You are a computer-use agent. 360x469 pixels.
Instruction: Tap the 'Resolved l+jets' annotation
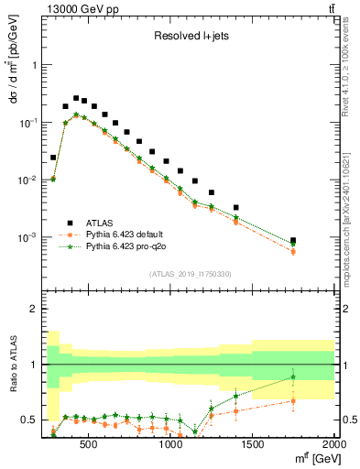pos(190,37)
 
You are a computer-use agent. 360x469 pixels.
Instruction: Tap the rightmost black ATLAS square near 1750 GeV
pos(293,241)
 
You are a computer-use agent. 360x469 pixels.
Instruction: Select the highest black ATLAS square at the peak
pos(76,98)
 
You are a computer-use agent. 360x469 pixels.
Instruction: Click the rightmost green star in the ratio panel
pos(293,376)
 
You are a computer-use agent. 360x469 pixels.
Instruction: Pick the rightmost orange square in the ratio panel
pos(293,400)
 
